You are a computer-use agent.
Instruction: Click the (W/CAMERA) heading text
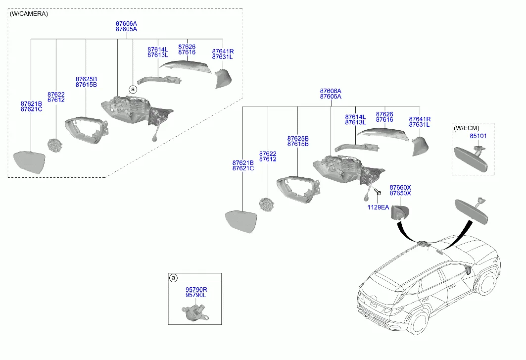(29, 14)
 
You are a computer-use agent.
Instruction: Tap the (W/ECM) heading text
(467, 128)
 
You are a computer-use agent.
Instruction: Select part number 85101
(478, 136)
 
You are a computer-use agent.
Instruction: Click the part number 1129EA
(378, 207)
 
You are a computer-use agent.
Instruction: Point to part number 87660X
(400, 187)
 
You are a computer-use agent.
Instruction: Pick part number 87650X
(400, 193)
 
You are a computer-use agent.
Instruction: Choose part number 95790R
(196, 290)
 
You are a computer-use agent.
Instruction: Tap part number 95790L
(196, 295)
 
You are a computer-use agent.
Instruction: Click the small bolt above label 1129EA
(378, 192)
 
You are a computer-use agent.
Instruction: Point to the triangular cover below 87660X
(400, 212)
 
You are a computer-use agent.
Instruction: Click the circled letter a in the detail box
(173, 278)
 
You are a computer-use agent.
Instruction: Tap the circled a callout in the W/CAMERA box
(133, 89)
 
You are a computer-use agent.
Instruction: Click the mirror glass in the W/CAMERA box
(29, 162)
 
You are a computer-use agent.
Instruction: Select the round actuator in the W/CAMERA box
(55, 146)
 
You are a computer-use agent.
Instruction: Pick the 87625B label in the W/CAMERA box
(86, 79)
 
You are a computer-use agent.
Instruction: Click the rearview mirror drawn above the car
(471, 211)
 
